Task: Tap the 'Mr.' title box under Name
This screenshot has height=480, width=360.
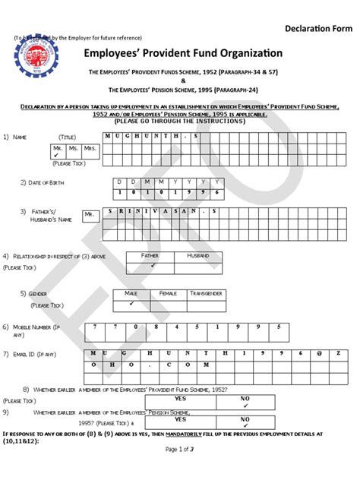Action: pyautogui.click(x=58, y=148)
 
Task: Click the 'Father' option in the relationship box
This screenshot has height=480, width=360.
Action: pyautogui.click(x=151, y=257)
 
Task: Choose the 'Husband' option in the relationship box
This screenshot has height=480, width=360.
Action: pyautogui.click(x=197, y=257)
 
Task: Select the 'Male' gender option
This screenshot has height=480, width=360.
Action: pyautogui.click(x=131, y=292)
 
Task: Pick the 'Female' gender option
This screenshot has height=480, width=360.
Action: pyautogui.click(x=168, y=292)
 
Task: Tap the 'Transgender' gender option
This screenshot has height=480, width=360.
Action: pyautogui.click(x=206, y=292)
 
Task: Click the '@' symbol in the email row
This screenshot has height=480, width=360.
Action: pyautogui.click(x=320, y=353)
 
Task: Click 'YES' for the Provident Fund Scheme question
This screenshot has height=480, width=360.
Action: pyautogui.click(x=181, y=398)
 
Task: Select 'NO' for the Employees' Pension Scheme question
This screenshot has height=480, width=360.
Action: pyautogui.click(x=245, y=419)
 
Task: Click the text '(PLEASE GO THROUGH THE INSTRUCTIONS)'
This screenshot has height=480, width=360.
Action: pyautogui.click(x=180, y=121)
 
